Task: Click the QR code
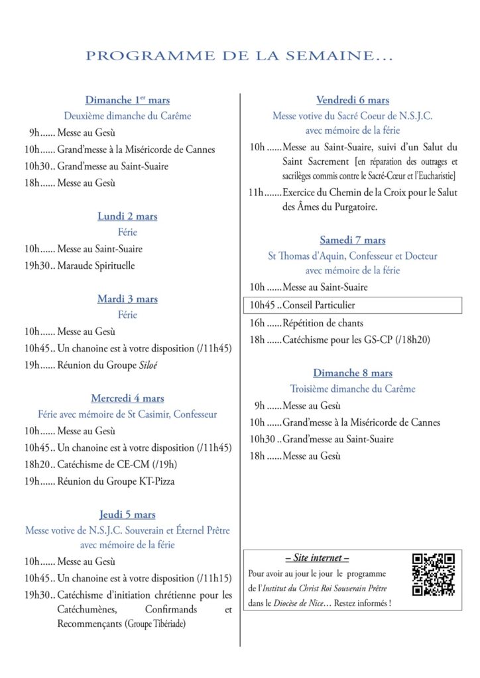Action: click(434, 574)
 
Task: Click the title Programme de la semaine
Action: click(239, 56)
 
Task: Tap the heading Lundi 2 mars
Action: click(127, 217)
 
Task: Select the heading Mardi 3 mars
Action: click(127, 299)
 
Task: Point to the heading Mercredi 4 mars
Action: click(127, 399)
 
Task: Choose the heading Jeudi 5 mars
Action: click(127, 514)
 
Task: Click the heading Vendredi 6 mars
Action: click(353, 100)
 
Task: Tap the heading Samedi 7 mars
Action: click(353, 240)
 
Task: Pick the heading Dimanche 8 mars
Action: click(353, 373)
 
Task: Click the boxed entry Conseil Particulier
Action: click(319, 305)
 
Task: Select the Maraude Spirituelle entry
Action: click(96, 266)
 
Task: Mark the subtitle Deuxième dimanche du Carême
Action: click(127, 116)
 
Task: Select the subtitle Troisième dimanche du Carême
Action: click(353, 389)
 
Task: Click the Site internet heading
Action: click(317, 558)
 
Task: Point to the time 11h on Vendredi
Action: click(257, 193)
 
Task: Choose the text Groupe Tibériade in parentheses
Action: click(155, 624)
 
